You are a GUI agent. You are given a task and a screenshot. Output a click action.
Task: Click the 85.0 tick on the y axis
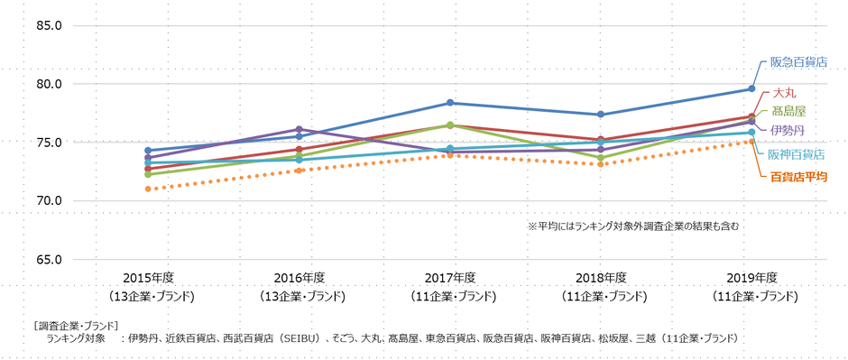[x=48, y=25]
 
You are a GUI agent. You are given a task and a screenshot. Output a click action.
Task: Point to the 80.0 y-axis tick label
[x=48, y=84]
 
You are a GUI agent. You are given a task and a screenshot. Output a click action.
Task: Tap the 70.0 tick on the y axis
[x=48, y=200]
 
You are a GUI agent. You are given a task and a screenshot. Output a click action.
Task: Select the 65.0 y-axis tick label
[x=48, y=259]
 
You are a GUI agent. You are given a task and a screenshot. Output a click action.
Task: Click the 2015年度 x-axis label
[x=148, y=277]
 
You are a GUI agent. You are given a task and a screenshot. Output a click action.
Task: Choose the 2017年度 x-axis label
[x=451, y=277]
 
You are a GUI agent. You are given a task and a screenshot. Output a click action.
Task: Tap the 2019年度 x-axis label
[x=752, y=277]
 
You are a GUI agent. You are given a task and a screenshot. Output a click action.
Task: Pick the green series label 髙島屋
[x=788, y=111]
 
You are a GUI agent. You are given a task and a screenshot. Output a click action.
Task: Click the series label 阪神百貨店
[x=796, y=154]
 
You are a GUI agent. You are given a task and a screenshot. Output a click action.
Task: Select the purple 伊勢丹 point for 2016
[x=300, y=129]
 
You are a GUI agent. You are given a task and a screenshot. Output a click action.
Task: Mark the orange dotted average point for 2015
[x=148, y=189]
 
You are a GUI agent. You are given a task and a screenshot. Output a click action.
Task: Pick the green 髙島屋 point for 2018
[x=602, y=158]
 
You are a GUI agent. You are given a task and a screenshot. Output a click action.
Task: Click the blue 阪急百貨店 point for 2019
[x=752, y=88]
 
